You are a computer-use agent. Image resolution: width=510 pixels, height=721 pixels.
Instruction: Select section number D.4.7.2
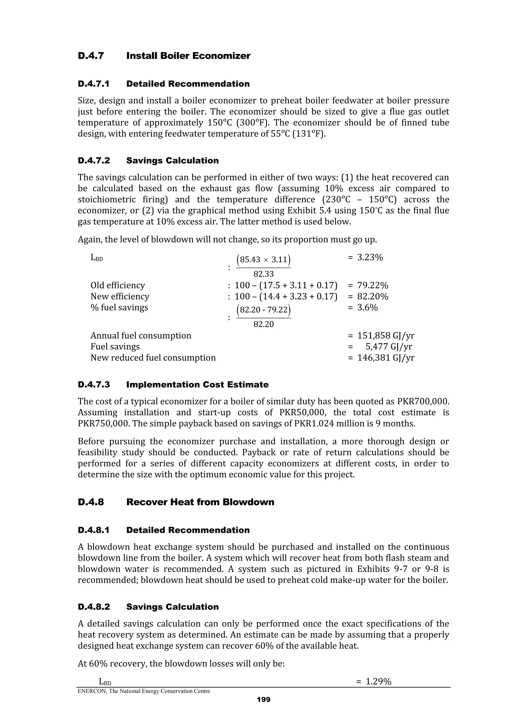(94, 161)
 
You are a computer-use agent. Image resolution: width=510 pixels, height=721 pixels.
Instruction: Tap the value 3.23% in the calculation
(370, 258)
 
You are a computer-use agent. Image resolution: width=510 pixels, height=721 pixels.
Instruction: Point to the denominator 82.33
(263, 274)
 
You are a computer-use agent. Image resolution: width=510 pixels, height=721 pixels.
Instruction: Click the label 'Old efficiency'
(118, 285)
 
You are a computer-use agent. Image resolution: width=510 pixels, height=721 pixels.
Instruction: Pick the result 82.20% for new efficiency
(373, 296)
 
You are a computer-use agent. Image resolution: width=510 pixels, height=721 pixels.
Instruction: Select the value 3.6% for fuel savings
(367, 307)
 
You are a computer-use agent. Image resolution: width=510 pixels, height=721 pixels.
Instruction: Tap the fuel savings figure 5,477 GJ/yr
(389, 347)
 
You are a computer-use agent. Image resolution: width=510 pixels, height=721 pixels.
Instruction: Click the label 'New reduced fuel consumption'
(153, 358)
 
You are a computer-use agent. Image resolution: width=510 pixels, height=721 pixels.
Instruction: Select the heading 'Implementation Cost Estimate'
(197, 385)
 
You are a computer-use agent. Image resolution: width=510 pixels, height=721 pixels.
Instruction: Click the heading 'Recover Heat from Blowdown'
(200, 502)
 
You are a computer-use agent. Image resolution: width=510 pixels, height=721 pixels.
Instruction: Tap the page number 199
(263, 700)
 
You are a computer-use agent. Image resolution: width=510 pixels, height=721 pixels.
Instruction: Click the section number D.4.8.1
(94, 530)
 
